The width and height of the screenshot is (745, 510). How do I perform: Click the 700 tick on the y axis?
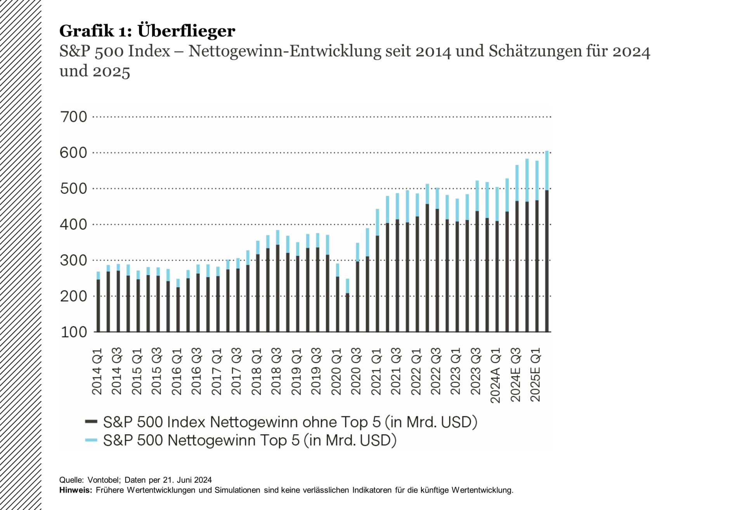[74, 117]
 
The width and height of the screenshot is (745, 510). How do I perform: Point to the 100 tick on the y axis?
[74, 332]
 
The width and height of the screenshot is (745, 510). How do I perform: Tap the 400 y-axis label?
[74, 225]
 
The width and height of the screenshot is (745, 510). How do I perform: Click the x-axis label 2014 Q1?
[97, 372]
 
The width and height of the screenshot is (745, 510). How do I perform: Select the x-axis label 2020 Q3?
[356, 372]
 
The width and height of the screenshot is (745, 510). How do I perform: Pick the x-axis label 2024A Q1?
[496, 376]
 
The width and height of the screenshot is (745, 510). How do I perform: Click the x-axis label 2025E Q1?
[535, 375]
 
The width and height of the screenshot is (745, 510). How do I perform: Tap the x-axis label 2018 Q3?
[276, 372]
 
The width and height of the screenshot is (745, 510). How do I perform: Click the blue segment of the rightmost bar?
[547, 171]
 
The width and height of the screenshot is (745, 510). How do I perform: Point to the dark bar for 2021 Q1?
[377, 284]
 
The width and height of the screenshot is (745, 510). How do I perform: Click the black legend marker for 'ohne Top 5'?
[91, 421]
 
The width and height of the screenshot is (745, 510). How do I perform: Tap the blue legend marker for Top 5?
[91, 440]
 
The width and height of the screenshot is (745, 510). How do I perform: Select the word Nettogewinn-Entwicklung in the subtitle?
[285, 51]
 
